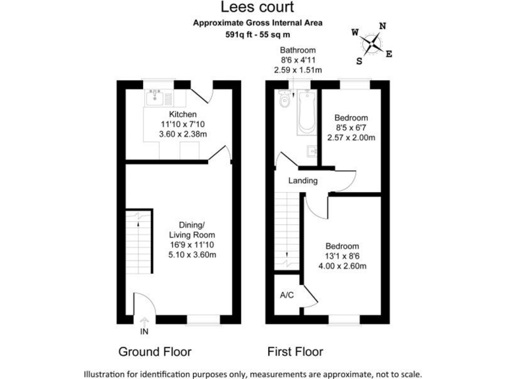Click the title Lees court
pyautogui.click(x=252, y=8)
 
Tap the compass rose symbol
pyautogui.click(x=373, y=44)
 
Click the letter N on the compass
pyautogui.click(x=383, y=27)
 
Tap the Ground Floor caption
pyautogui.click(x=155, y=351)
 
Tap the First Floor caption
pyautogui.click(x=295, y=351)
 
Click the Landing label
pyautogui.click(x=303, y=181)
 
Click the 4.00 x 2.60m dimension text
pyautogui.click(x=343, y=266)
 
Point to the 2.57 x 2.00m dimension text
pyautogui.click(x=351, y=138)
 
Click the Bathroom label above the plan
pyautogui.click(x=298, y=50)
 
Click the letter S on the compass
pyautogui.click(x=360, y=61)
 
